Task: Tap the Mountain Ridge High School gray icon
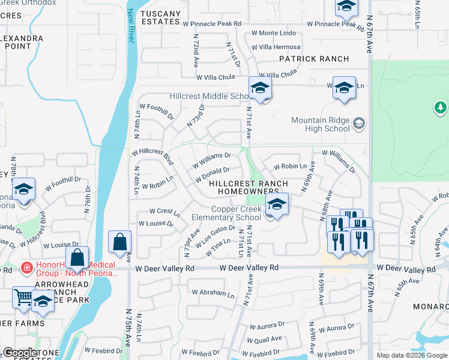click(x=359, y=124)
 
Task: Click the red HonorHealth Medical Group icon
click(x=26, y=267)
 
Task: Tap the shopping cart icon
click(x=23, y=296)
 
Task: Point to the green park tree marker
click(x=441, y=107)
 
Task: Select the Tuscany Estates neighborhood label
click(x=160, y=17)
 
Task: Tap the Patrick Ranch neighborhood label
click(x=314, y=59)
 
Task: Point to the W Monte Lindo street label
click(x=273, y=33)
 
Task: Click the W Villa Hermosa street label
click(x=276, y=47)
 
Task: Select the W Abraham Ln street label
click(x=213, y=293)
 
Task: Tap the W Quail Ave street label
click(x=268, y=339)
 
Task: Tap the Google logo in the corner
click(x=20, y=353)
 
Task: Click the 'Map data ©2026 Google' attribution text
click(x=412, y=355)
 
